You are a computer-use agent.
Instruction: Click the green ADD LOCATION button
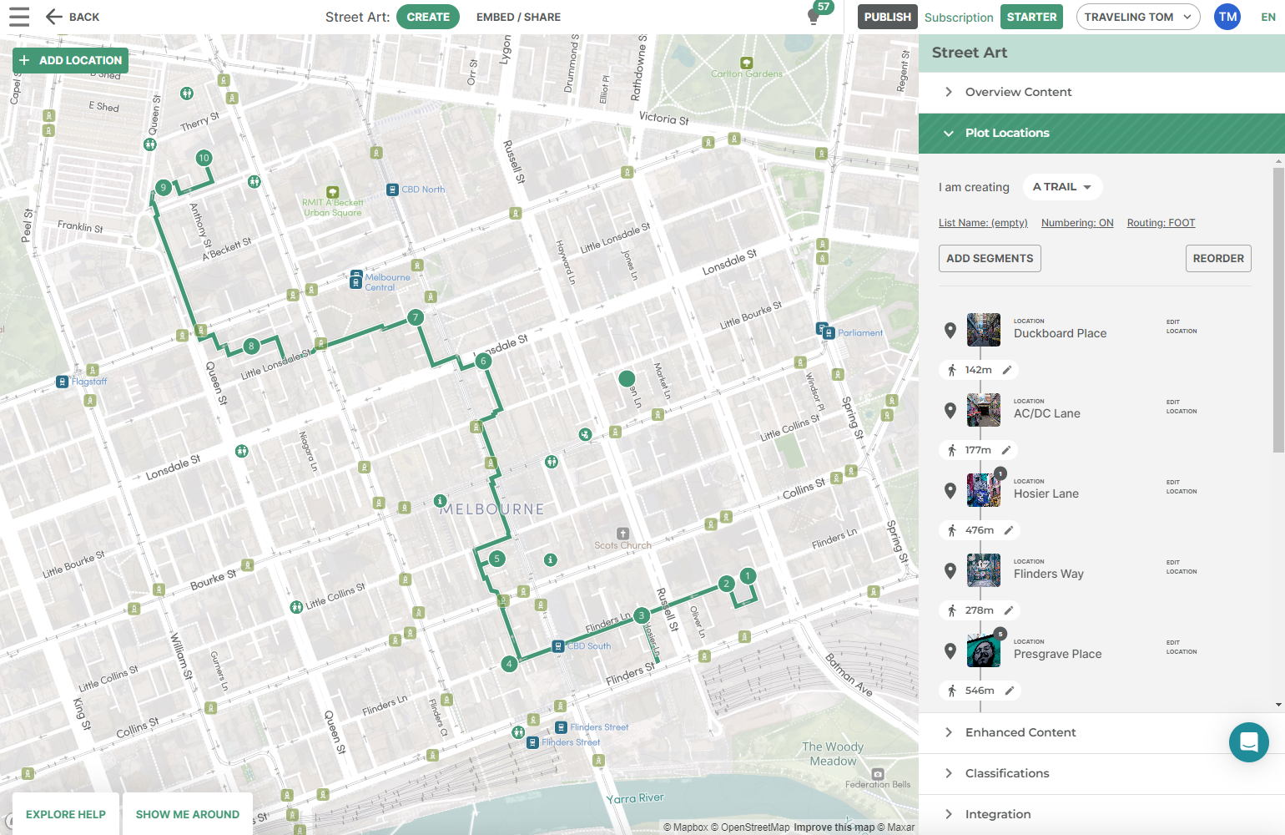pyautogui.click(x=71, y=60)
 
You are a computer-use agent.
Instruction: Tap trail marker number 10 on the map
pyautogui.click(x=204, y=158)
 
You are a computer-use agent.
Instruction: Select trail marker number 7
pyautogui.click(x=416, y=317)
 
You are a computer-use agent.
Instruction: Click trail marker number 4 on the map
pyautogui.click(x=509, y=664)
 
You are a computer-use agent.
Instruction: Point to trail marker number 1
pyautogui.click(x=748, y=575)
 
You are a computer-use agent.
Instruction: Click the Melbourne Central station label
pyautogui.click(x=386, y=281)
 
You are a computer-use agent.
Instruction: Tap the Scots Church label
pyautogui.click(x=622, y=544)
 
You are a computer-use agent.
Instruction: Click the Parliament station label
pyautogui.click(x=859, y=332)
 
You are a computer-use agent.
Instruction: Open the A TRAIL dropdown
pyautogui.click(x=1062, y=187)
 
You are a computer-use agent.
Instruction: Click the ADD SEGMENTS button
pyautogui.click(x=990, y=258)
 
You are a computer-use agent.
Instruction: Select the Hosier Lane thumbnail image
pyautogui.click(x=984, y=490)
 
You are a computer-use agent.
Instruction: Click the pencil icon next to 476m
pyautogui.click(x=1008, y=530)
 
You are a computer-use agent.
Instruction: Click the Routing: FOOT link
pyautogui.click(x=1161, y=223)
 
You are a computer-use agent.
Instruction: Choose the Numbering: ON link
pyautogui.click(x=1077, y=223)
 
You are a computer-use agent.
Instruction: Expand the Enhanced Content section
pyautogui.click(x=1020, y=732)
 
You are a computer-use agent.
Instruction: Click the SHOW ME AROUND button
pyautogui.click(x=188, y=814)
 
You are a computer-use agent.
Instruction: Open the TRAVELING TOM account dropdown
pyautogui.click(x=1137, y=17)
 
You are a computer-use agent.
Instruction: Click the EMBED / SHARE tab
pyautogui.click(x=518, y=17)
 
